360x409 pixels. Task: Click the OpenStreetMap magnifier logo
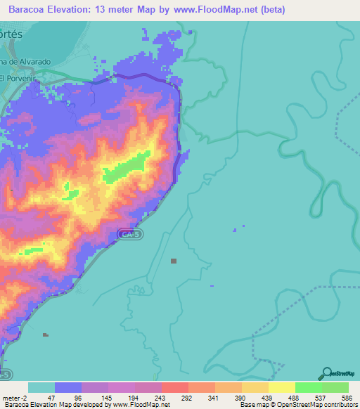(326, 373)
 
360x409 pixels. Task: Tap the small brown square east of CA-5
(174, 261)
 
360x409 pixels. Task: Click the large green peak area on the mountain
(127, 166)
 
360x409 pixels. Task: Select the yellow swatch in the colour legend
(281, 387)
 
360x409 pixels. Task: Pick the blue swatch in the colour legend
(68, 387)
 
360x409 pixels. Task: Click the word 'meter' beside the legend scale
(11, 397)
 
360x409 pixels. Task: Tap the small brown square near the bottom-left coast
(46, 335)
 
